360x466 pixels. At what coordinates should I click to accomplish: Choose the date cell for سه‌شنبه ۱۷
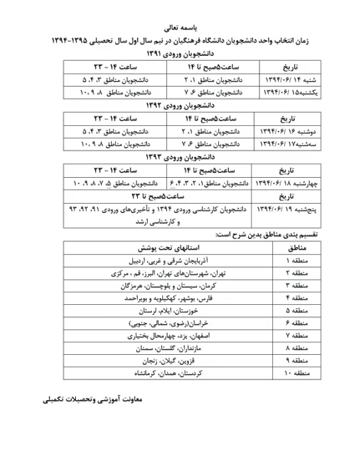click(x=274, y=144)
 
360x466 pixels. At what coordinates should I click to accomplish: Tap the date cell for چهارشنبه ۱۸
click(x=274, y=182)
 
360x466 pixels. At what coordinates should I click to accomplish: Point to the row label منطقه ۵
click(x=274, y=311)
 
